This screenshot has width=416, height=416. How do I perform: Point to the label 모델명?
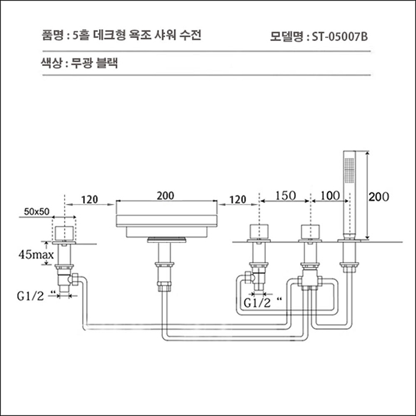click(286, 37)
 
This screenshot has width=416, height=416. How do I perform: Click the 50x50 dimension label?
click(37, 211)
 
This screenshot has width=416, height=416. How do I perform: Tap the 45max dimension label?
click(37, 255)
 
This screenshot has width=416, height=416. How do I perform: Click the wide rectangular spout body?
click(166, 219)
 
